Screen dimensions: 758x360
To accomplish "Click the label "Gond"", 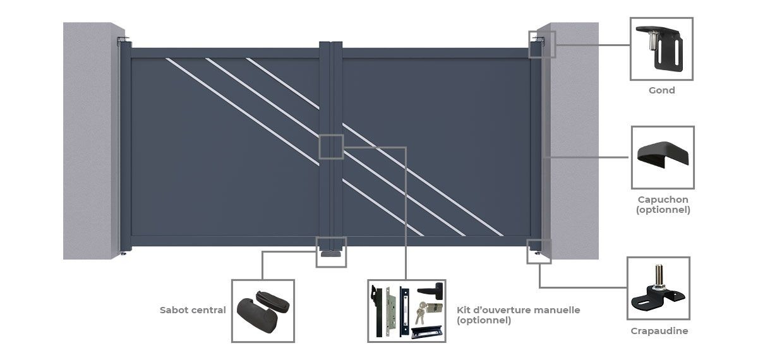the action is point(661,90).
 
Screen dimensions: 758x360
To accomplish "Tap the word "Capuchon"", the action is point(663,200).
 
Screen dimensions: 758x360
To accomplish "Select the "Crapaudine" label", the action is point(659,330).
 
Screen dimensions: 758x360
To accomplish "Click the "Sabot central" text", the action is point(193,310).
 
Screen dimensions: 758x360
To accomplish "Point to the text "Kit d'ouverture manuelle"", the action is point(518,310).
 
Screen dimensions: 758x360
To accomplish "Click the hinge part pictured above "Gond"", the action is point(660,49).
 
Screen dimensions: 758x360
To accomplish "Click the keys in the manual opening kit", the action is point(419,313).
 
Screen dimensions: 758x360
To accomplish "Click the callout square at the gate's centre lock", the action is point(331,147).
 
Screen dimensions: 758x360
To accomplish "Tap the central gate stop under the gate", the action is point(331,253).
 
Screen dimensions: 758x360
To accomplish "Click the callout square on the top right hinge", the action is point(542,44).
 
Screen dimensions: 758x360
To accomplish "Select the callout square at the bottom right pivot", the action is point(539,251).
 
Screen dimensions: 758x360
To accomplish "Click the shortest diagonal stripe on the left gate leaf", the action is point(282,83).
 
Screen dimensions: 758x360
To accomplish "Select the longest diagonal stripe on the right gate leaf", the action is point(423,179).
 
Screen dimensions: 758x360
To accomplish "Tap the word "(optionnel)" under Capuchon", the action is point(663,210).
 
